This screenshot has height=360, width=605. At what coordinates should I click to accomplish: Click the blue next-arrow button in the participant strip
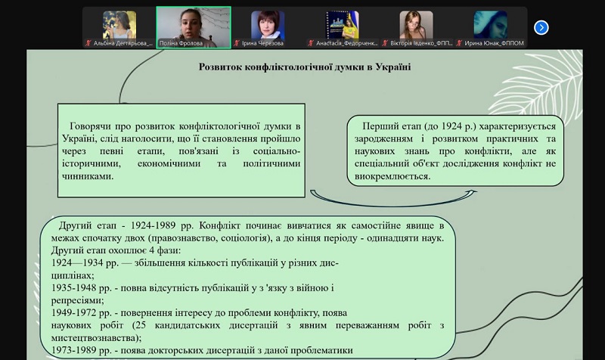[541, 27]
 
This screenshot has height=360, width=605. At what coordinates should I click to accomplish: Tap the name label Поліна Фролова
[181, 43]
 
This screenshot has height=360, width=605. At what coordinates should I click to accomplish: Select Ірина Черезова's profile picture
[268, 25]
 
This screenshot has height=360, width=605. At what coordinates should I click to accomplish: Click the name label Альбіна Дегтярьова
[123, 43]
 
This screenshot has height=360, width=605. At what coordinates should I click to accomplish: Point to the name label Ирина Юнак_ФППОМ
[494, 43]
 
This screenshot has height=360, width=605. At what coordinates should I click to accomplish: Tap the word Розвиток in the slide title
[220, 67]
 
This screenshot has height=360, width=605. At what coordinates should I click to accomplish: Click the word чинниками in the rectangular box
[88, 176]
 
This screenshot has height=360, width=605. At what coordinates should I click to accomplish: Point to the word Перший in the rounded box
[380, 126]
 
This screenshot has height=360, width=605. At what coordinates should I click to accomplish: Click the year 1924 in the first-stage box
[451, 126]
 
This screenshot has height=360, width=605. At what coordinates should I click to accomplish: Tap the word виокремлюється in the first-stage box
[392, 176]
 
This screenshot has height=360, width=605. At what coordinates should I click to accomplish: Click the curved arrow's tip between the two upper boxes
[476, 191]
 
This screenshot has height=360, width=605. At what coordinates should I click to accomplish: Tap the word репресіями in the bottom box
[78, 300]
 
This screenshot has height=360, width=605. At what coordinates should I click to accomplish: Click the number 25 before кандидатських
[141, 325]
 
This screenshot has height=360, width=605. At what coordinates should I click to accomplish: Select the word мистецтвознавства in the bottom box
[95, 338]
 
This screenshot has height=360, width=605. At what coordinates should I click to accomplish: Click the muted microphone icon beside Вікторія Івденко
[385, 43]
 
